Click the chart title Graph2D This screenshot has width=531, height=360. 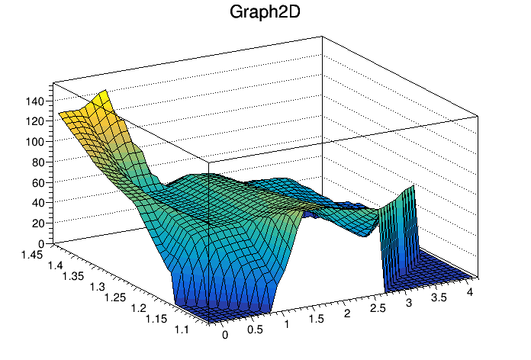[265, 12]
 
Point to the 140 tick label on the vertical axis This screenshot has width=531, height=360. [35, 101]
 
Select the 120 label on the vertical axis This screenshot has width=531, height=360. [35, 121]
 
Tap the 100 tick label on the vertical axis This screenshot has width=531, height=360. [35, 142]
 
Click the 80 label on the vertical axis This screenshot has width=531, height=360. [38, 162]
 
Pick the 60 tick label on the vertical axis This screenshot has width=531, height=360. [38, 183]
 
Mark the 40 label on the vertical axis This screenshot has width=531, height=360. [38, 203]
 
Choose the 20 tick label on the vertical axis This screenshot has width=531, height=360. [38, 223]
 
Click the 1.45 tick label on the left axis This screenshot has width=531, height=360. [32, 255]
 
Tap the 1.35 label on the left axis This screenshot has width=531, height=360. [72, 276]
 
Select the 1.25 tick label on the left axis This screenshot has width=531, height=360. [114, 297]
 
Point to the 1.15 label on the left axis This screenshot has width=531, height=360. [156, 319]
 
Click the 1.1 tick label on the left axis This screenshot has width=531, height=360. [182, 329]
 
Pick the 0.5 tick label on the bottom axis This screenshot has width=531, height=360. [255, 329]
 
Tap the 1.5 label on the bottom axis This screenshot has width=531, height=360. [317, 319]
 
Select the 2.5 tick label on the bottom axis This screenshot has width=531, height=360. [378, 308]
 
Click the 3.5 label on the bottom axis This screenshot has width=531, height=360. [439, 297]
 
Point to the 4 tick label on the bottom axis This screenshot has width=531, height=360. [470, 292]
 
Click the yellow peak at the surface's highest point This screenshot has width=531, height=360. [105, 91]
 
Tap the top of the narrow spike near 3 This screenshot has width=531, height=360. [414, 186]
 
